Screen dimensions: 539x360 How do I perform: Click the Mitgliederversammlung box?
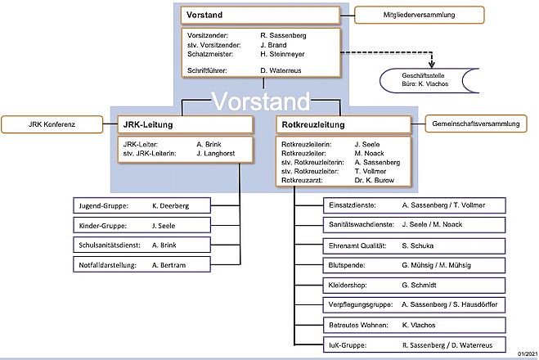coord(419,15)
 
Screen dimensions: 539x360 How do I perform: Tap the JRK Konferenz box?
coord(52,124)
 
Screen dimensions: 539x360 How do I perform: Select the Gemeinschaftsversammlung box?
coord(476,124)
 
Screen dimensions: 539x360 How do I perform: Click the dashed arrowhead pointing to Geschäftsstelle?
coord(431,65)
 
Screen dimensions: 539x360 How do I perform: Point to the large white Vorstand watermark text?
coord(261,101)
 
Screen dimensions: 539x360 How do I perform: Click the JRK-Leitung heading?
coord(148,124)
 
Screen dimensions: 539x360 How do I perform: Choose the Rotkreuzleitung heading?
coord(312,124)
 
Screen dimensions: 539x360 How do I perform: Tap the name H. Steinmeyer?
coord(282,54)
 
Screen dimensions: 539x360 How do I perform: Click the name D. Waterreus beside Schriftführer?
coord(281,70)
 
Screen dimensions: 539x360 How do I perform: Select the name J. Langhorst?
coord(216,153)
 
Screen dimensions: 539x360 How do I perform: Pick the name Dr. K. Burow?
coord(374,180)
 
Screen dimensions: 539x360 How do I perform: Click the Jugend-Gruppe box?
coord(142,205)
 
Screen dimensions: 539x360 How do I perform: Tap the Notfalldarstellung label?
coord(108,265)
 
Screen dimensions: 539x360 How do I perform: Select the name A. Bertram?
coord(168,265)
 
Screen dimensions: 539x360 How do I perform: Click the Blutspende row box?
coord(414,265)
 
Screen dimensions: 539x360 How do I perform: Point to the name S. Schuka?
coord(417,245)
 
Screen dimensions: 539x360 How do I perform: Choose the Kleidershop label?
coord(347,285)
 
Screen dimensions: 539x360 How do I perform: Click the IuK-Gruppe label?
coord(347,345)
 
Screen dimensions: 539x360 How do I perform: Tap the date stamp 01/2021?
coord(528,353)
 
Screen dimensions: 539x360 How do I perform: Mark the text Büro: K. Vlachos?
coord(424,84)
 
